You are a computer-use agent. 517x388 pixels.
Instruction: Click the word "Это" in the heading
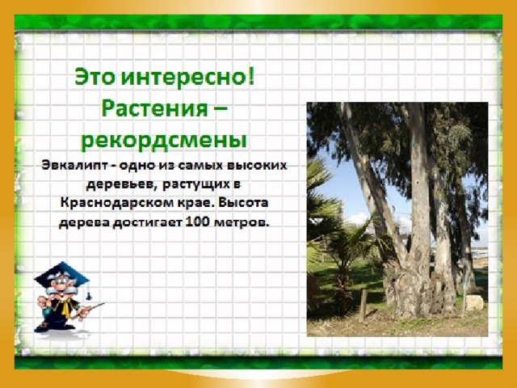[x=95, y=77]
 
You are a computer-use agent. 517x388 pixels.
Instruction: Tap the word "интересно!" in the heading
[x=188, y=78]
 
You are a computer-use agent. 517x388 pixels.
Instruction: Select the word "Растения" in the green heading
[x=154, y=108]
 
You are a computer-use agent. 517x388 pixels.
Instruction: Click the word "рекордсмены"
[x=164, y=141]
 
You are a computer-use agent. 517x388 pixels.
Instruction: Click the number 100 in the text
[x=197, y=221]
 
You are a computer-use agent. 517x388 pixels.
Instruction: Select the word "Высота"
[x=242, y=202]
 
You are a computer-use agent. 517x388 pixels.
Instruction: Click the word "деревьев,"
[x=121, y=185]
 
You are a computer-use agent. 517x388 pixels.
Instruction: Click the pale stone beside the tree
[x=474, y=303]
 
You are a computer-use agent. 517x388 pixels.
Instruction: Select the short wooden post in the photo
[x=363, y=306]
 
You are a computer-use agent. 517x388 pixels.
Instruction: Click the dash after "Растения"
[x=219, y=108]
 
